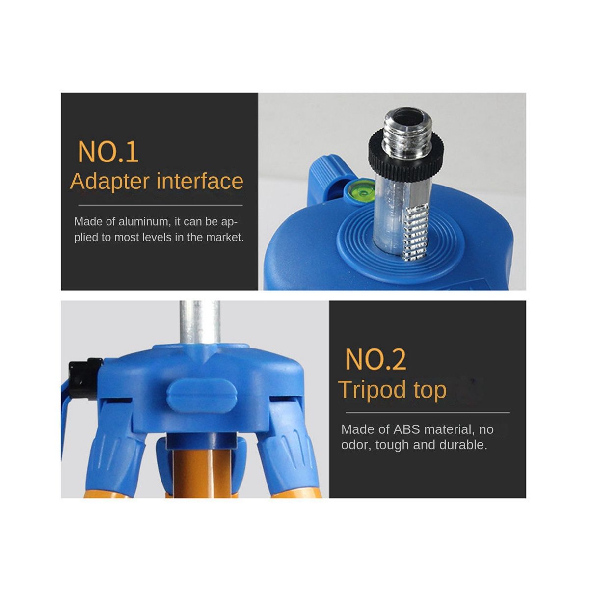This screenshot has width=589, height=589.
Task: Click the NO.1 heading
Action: click(x=108, y=151)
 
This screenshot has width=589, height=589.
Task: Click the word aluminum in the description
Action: click(x=143, y=221)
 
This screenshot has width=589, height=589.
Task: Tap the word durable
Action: click(x=463, y=445)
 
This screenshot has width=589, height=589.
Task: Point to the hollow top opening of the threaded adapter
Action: click(x=408, y=115)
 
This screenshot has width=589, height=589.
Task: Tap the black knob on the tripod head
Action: click(x=85, y=379)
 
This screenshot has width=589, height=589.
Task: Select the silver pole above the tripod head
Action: click(x=200, y=323)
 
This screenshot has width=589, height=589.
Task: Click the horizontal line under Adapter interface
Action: click(x=161, y=205)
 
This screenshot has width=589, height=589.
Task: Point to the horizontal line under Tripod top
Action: click(x=428, y=413)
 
